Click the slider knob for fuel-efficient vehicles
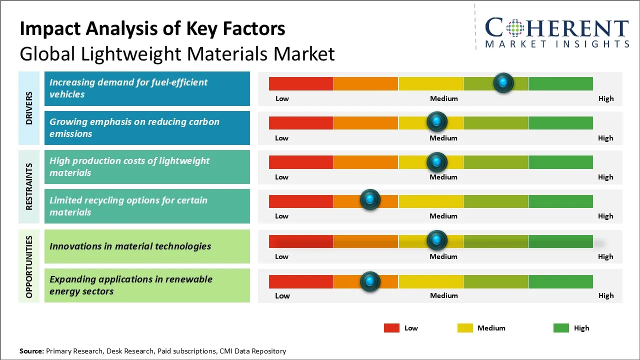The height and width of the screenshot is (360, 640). [x=503, y=82]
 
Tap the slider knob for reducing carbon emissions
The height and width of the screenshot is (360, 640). [x=437, y=121]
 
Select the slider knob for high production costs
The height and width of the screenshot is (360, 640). [x=437, y=161]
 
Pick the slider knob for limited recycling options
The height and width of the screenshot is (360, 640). [x=370, y=200]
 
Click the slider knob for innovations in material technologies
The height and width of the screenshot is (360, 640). [x=437, y=240]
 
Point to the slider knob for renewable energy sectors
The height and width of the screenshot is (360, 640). [x=370, y=281]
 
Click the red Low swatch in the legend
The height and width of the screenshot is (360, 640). [x=391, y=328]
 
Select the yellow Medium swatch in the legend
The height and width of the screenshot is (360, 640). [x=465, y=328]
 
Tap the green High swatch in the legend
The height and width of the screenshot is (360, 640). [x=561, y=328]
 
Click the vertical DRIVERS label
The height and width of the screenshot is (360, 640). [x=29, y=108]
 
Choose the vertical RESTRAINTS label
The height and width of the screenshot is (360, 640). [x=29, y=186]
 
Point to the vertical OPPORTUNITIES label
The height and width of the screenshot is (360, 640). [x=29, y=266]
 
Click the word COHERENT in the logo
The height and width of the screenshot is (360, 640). [x=556, y=28]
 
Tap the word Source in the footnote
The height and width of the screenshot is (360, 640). [x=31, y=351]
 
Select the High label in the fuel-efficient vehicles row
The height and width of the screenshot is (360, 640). [x=606, y=98]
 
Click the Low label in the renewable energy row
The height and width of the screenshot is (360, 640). [x=282, y=295]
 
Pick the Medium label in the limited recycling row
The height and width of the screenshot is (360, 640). [x=443, y=216]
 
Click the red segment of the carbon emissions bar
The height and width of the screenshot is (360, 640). [x=301, y=122]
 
